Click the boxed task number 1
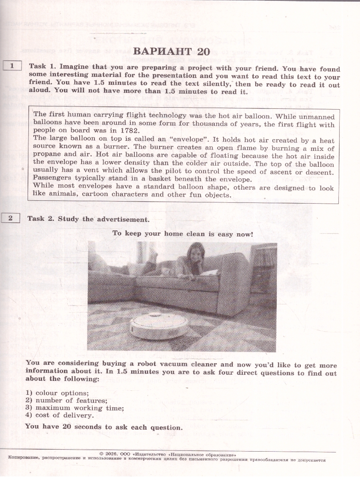(x=12, y=66)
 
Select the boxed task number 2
(x=11, y=218)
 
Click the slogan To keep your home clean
(x=182, y=234)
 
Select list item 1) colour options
(x=57, y=393)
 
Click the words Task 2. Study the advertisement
(x=88, y=219)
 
